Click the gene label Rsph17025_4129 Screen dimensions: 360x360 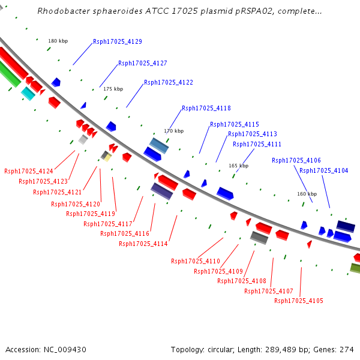[118, 41]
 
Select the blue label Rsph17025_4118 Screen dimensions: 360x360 [206, 108]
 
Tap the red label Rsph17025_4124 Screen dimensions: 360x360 [29, 171]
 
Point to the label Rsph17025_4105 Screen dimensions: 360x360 [299, 301]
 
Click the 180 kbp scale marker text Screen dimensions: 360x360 [58, 41]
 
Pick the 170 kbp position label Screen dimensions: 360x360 [174, 131]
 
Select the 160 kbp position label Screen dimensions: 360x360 [307, 194]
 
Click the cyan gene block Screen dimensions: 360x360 [28, 94]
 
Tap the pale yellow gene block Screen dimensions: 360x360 [107, 158]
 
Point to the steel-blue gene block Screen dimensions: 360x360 [159, 146]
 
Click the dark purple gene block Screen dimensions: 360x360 [161, 191]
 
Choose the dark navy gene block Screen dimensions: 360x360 [346, 226]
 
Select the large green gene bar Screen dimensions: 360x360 [9, 73]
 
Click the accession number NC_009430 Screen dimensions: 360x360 [65, 350]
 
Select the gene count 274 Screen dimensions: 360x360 [347, 350]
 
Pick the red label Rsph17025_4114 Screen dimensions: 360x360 [143, 244]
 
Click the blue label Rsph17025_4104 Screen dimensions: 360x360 [324, 170]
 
